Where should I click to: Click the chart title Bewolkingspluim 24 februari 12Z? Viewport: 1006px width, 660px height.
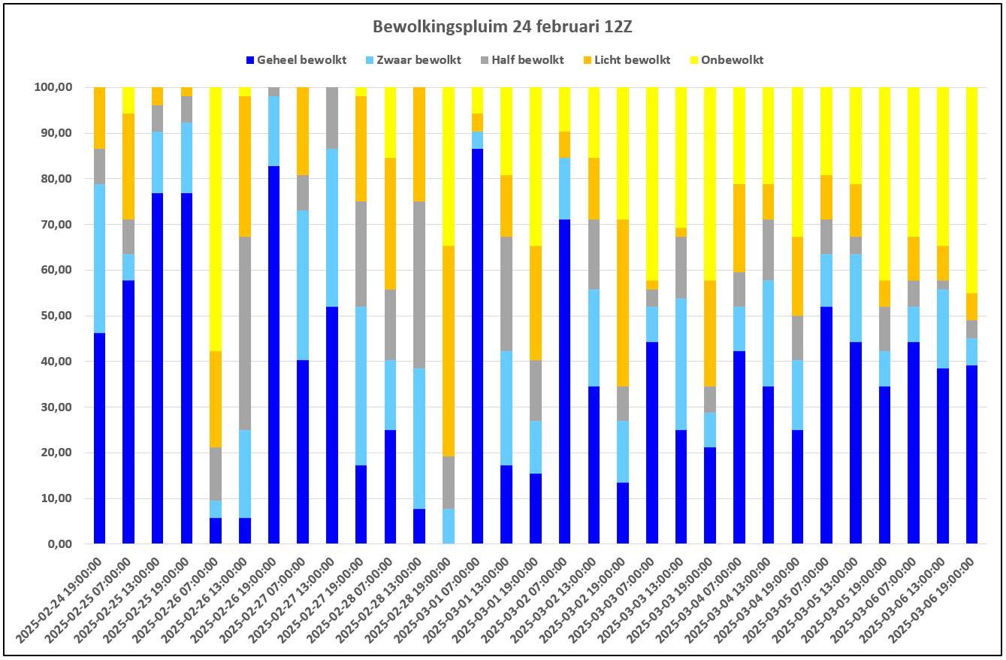coord(502,27)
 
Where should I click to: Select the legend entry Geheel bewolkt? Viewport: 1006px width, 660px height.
coord(297,60)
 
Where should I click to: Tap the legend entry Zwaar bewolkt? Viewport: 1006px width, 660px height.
coord(414,60)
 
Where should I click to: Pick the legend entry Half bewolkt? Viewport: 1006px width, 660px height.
coord(522,60)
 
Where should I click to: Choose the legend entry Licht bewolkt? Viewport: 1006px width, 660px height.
coord(627,60)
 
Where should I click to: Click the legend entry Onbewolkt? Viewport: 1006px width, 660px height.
coord(727,60)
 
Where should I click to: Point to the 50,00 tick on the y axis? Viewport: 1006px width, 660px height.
coord(53,316)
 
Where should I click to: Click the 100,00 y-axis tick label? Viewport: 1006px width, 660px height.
coord(53,87)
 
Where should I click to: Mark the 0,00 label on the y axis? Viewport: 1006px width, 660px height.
coord(59,544)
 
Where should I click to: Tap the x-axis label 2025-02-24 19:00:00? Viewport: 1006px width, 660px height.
coord(60,600)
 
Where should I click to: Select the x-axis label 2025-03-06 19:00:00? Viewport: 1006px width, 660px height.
coord(932,600)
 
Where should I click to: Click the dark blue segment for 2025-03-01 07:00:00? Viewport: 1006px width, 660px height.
coord(477,346)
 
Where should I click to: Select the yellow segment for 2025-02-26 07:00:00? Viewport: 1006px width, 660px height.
coord(216,219)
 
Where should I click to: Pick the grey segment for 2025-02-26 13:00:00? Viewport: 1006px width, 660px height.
coord(245,333)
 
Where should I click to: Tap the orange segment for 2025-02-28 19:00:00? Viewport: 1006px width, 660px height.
coord(449,351)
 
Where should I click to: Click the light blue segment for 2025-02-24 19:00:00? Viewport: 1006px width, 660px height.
coord(99,259)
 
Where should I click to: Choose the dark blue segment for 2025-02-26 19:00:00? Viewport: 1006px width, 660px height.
coord(273,355)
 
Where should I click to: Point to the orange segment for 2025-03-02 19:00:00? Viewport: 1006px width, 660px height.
coord(623,303)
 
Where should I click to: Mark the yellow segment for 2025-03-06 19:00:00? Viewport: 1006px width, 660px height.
coord(971,190)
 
